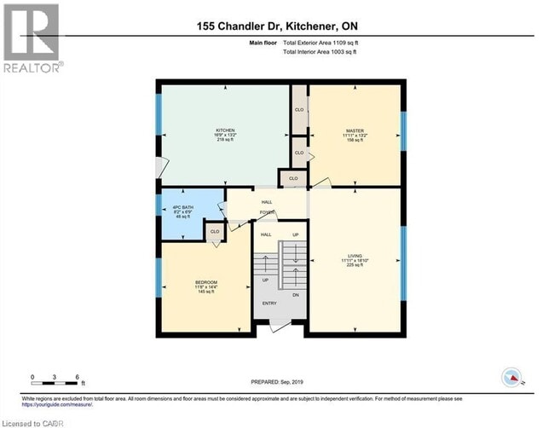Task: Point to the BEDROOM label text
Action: [x=205, y=282]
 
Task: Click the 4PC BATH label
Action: [x=179, y=204]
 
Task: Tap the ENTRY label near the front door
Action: [x=270, y=303]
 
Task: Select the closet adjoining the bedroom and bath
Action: [x=216, y=231]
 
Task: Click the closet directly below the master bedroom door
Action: [x=293, y=178]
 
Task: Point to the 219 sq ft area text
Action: [x=224, y=140]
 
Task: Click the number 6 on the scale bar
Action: [x=78, y=377]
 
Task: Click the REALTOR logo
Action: [x=32, y=38]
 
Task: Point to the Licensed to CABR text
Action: [x=27, y=421]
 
